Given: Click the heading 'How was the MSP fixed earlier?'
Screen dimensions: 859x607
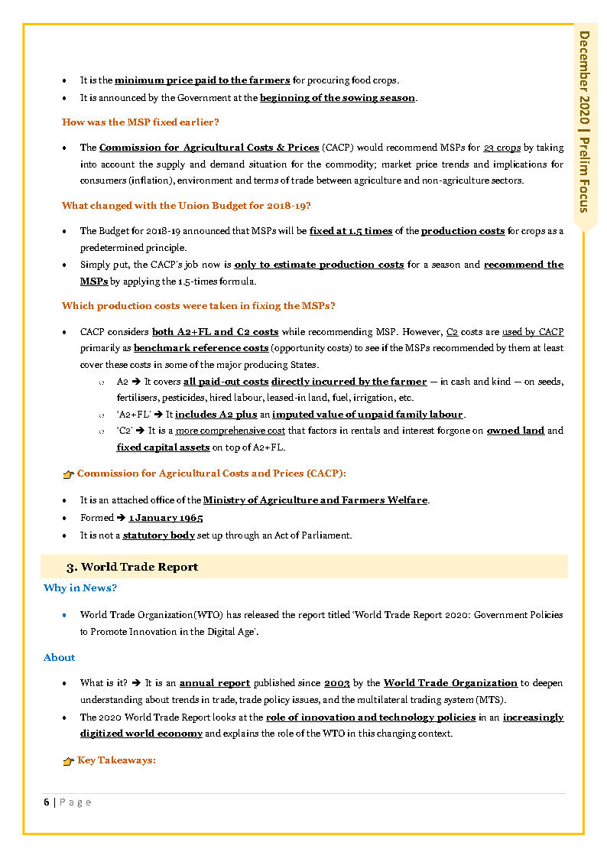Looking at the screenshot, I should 141,122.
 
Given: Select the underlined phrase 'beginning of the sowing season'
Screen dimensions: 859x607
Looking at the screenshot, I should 337,98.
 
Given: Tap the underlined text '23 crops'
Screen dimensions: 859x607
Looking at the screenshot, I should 502,148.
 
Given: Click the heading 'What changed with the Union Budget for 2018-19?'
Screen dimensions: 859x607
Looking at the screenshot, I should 186,206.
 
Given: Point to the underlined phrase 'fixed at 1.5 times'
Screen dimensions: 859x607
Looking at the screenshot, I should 351,231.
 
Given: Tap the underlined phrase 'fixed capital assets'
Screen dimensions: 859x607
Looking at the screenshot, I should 163,448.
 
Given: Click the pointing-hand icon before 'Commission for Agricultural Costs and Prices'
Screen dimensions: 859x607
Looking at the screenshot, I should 68,475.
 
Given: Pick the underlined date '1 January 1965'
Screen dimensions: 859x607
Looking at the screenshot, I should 166,518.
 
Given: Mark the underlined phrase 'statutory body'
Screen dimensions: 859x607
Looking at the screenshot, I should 159,535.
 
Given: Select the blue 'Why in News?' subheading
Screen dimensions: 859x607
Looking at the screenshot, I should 80,588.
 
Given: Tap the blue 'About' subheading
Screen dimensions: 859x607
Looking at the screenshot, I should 60,658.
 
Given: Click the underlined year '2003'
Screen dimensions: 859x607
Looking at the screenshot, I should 337,683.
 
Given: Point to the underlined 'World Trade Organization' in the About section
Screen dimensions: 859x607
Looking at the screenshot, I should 450,683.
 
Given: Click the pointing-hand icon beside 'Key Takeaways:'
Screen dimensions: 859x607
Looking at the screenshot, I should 68,762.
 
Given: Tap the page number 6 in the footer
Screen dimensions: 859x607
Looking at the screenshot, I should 47,802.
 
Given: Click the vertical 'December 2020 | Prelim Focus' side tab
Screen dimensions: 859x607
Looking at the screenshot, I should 585,122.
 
